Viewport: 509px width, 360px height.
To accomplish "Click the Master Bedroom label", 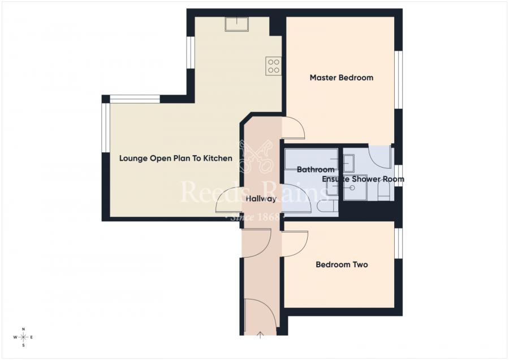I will (341, 78).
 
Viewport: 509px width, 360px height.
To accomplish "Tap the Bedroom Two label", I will (342, 264).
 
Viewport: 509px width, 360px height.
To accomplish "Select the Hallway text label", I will (261, 199).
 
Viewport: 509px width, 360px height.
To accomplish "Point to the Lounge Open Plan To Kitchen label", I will (175, 158).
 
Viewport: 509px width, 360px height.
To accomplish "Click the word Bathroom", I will (315, 169).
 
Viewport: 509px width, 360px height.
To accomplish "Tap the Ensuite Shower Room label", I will (363, 179).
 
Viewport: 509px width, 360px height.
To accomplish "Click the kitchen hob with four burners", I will (274, 66).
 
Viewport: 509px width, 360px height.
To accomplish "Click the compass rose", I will (23, 337).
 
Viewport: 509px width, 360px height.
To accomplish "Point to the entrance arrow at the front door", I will (260, 335).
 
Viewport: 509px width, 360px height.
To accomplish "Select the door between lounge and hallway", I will (228, 201).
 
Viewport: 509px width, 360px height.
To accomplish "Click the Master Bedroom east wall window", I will (399, 79).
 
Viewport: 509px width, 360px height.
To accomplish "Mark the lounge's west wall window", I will (105, 127).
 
